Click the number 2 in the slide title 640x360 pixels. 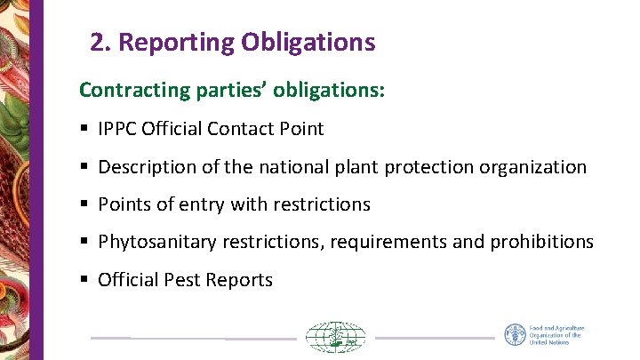97,42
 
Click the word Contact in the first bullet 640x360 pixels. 238,129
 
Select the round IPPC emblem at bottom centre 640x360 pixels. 336,338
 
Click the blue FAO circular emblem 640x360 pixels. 515,335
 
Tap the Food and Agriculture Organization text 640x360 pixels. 556,335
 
